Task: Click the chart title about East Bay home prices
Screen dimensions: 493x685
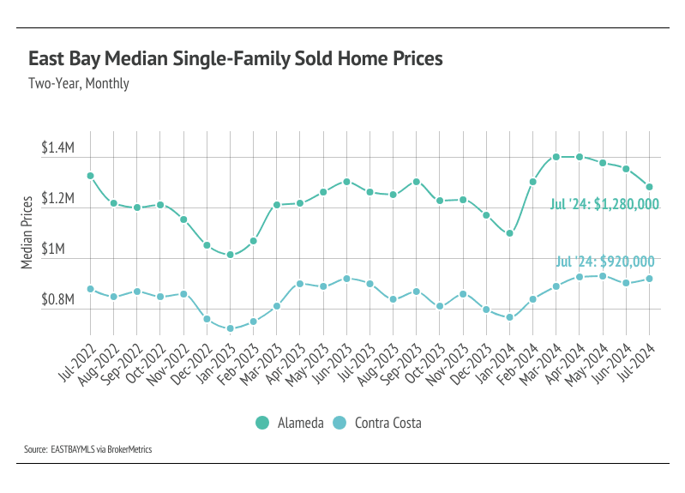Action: point(235,59)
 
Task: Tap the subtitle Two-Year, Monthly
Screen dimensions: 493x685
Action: point(78,84)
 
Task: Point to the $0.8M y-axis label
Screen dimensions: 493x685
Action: point(58,300)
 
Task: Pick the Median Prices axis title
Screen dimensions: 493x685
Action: point(27,230)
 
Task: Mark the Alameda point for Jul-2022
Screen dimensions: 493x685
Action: point(90,176)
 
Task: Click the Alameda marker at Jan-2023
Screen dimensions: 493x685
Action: point(230,255)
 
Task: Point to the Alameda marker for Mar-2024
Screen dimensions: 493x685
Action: point(556,157)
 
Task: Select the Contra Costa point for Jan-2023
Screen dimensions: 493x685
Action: point(230,328)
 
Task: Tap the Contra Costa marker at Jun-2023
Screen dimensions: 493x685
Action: point(346,279)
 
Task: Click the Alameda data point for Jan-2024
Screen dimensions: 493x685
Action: point(509,233)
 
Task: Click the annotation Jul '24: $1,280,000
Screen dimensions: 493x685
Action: point(604,204)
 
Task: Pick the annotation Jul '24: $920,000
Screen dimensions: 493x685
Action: point(605,262)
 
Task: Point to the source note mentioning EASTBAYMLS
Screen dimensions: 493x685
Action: point(87,448)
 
